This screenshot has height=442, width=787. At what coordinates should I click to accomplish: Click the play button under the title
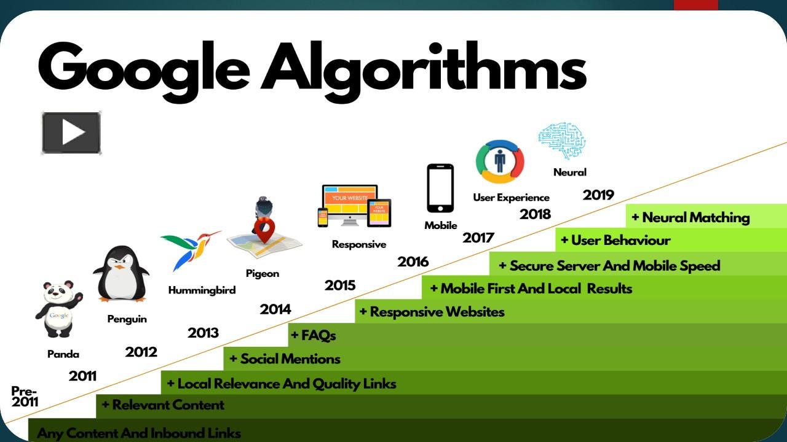71,133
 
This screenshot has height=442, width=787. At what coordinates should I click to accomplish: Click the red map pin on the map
264,232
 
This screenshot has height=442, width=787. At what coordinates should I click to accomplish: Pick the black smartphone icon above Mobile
440,188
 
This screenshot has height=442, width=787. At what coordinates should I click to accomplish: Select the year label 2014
275,309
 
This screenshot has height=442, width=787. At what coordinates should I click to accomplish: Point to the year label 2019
598,195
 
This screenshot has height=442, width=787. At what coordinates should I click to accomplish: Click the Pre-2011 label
25,397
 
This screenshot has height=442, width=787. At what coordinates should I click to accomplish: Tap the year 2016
413,262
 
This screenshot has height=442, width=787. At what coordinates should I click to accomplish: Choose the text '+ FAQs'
314,336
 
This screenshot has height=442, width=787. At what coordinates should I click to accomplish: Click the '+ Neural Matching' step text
690,217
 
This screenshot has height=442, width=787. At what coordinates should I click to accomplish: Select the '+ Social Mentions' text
285,359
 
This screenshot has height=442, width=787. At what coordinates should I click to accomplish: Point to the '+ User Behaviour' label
615,241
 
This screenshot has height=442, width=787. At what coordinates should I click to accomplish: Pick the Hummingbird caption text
202,290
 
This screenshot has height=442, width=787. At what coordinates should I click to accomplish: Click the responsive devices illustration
354,206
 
